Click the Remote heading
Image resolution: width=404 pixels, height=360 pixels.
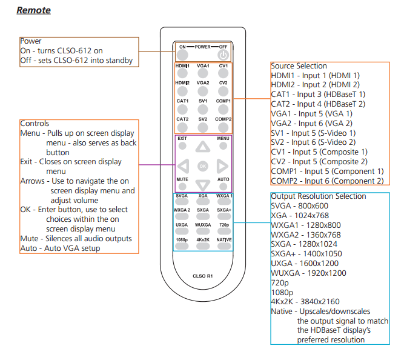point(33,10)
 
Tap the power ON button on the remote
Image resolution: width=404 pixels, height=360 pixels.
point(182,55)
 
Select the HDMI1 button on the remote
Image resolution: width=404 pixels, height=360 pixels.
point(182,73)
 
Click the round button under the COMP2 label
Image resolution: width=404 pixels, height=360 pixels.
point(223,127)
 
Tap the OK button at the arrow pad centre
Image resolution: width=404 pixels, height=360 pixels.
point(203,166)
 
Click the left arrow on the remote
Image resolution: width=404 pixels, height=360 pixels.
point(184,166)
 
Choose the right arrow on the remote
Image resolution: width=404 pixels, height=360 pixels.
point(222,166)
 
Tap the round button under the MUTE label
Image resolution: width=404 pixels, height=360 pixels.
point(182,186)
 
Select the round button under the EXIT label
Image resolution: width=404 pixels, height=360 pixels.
point(182,146)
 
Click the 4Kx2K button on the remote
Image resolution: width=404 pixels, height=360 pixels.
point(203,246)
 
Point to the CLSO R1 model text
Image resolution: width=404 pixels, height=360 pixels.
point(203,276)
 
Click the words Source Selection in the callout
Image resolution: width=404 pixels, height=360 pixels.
point(299,66)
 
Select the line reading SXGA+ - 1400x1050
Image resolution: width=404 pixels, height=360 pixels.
point(306,254)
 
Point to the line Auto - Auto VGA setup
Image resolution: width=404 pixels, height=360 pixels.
point(60,248)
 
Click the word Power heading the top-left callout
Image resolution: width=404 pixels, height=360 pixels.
point(31,41)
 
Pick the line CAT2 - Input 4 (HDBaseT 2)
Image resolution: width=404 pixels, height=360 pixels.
point(318,104)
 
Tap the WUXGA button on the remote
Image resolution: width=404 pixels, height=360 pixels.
point(203,231)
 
